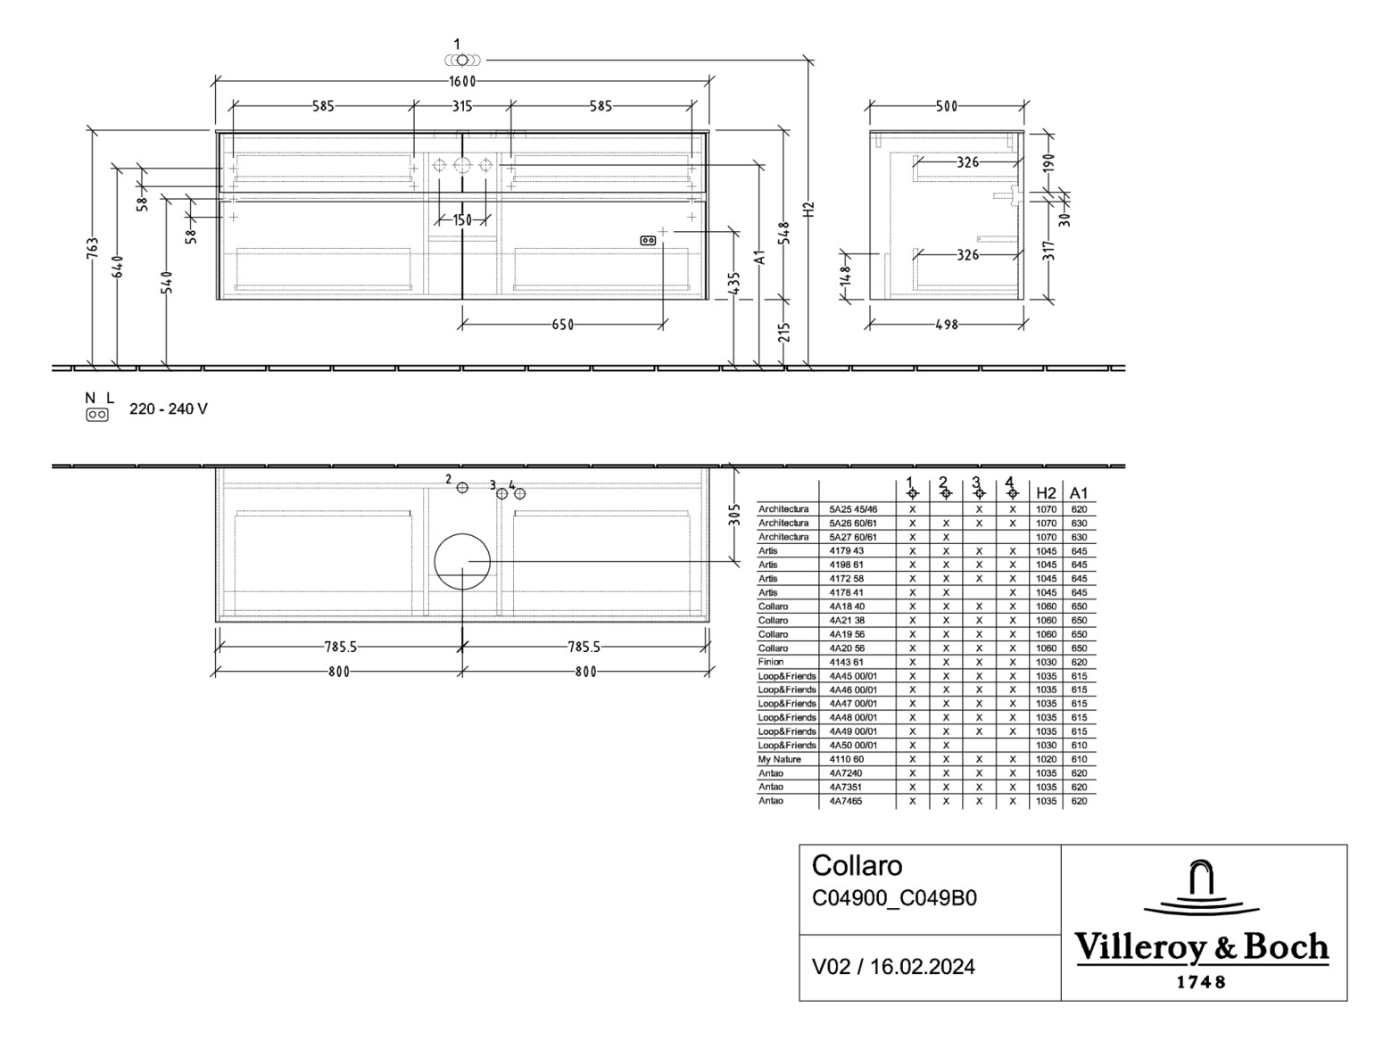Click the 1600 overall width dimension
pyautogui.click(x=462, y=81)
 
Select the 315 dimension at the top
pyautogui.click(x=461, y=106)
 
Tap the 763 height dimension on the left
pyautogui.click(x=93, y=251)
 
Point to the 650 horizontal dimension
pyautogui.click(x=562, y=325)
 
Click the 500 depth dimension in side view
pyautogui.click(x=946, y=106)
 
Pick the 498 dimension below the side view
pyautogui.click(x=946, y=325)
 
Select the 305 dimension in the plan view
pyautogui.click(x=734, y=515)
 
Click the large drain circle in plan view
pyautogui.click(x=462, y=562)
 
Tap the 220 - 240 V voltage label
pyautogui.click(x=169, y=409)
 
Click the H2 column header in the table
pyautogui.click(x=1046, y=493)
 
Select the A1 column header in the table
pyautogui.click(x=1079, y=493)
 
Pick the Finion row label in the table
pyautogui.click(x=771, y=662)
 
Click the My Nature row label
pyautogui.click(x=780, y=759)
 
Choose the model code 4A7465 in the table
pyautogui.click(x=844, y=801)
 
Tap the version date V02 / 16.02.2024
pyautogui.click(x=893, y=967)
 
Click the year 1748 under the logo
pyautogui.click(x=1201, y=982)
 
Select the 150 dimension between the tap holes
pyautogui.click(x=462, y=220)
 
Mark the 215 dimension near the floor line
pyautogui.click(x=784, y=333)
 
